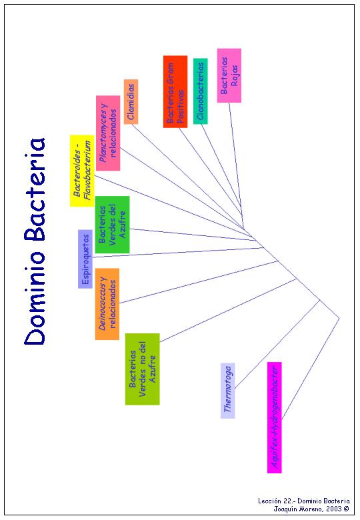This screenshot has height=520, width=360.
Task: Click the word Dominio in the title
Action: tap(35, 298)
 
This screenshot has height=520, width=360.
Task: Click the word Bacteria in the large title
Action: tap(35, 189)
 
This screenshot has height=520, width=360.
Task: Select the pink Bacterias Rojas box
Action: tap(229, 75)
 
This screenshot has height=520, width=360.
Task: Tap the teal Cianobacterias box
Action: tap(200, 91)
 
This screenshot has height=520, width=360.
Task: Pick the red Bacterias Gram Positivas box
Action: tap(175, 91)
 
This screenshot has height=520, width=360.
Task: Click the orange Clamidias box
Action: tap(131, 102)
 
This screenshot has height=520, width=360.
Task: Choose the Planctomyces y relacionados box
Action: tap(108, 133)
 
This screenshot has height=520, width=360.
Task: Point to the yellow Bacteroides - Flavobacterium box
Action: tap(82, 171)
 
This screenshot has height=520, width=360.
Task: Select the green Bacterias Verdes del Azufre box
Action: tap(113, 225)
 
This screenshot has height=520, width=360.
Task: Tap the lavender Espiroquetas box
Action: tap(85, 259)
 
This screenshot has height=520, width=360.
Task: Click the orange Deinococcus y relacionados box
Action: tap(107, 304)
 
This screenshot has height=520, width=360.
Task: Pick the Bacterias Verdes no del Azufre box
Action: tap(142, 369)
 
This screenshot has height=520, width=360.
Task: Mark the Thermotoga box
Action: tap(228, 391)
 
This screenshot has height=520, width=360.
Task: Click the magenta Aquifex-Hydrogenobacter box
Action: tap(275, 417)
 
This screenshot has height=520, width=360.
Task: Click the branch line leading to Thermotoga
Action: tap(278, 344)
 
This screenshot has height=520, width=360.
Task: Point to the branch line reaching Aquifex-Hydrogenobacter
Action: tap(311, 369)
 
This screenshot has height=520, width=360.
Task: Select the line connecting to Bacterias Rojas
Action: tap(237, 166)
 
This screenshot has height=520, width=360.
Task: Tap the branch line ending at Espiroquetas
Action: tap(178, 253)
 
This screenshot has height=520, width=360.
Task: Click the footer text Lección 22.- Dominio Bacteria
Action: tap(304, 501)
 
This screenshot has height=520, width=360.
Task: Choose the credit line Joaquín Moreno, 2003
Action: tap(311, 509)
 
